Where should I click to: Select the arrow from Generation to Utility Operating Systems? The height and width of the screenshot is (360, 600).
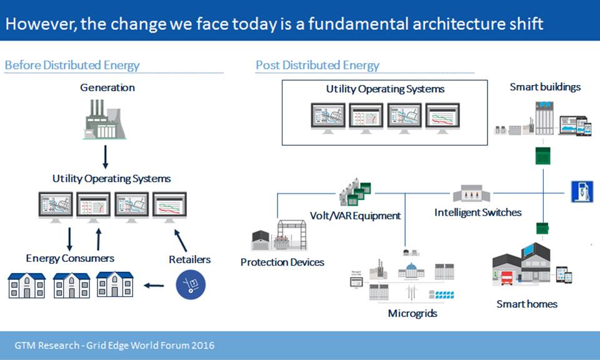106,157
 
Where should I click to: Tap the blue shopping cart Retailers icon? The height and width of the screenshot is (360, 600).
190,283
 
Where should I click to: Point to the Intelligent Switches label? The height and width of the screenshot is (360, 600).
477,212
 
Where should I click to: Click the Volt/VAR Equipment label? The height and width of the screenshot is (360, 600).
355,216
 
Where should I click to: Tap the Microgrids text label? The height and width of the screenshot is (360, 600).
412,313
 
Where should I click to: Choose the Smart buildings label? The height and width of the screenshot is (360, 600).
545,87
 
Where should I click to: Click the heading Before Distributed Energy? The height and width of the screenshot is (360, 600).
72,65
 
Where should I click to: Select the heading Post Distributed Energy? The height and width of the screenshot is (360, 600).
317,65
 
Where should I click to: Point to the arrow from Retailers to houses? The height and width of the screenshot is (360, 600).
154,286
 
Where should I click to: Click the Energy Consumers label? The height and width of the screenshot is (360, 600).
70,258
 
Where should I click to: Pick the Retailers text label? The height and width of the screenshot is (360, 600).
189,259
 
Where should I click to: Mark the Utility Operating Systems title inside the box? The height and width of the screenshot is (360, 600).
385,89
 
